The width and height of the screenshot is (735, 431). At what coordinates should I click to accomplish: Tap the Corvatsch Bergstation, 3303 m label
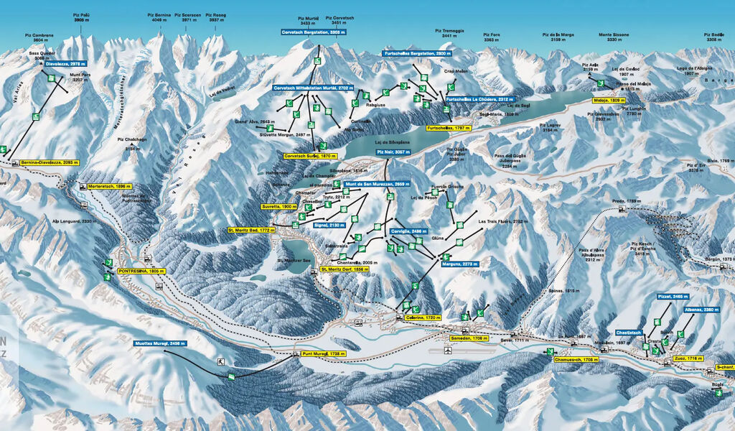314,32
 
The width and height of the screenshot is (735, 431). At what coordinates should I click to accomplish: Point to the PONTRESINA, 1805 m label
141,271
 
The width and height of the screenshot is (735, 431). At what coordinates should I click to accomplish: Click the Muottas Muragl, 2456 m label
160,343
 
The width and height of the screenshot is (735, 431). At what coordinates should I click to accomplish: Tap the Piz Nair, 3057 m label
393,152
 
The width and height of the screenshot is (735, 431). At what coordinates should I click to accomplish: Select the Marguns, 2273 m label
455,264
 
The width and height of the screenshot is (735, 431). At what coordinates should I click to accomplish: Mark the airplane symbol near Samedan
448,351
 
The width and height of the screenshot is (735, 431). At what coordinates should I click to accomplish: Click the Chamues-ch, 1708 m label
576,358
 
